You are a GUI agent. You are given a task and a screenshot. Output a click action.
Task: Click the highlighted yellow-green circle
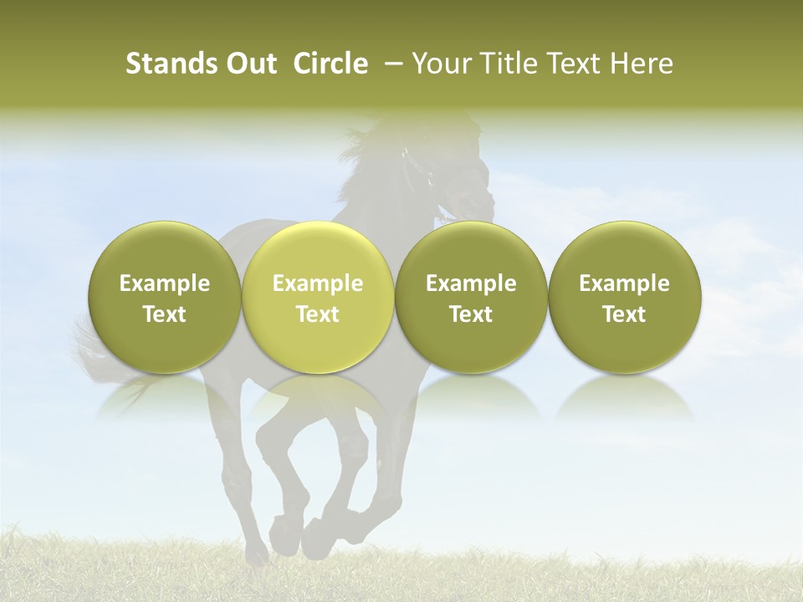318,297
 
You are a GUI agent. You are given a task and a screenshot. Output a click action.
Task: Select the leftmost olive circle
164,297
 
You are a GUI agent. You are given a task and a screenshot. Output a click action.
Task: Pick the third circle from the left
471,297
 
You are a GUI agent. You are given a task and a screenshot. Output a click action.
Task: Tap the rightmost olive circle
624,297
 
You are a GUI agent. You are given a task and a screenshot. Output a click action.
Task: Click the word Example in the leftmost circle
164,283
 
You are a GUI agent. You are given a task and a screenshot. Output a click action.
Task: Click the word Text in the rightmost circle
624,314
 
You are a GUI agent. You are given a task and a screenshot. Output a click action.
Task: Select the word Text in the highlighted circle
318,314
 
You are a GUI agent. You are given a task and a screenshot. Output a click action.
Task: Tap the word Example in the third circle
471,283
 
